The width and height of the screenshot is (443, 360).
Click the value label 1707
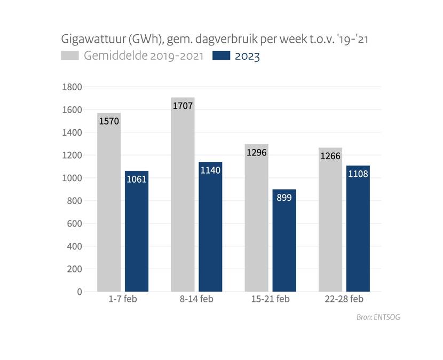pyautogui.click(x=183, y=106)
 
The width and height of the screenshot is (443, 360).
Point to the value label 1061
pyautogui.click(x=137, y=179)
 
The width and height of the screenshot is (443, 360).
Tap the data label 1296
pyautogui.click(x=256, y=152)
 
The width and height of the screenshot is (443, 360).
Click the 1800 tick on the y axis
pyautogui.click(x=72, y=87)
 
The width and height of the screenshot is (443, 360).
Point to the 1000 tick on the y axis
pyautogui.click(x=72, y=178)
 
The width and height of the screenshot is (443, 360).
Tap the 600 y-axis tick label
pyautogui.click(x=74, y=224)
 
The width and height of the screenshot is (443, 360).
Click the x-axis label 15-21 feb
pyautogui.click(x=271, y=299)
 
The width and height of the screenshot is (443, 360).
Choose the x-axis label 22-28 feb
pyautogui.click(x=345, y=299)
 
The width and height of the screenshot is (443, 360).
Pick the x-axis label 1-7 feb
pyautogui.click(x=123, y=299)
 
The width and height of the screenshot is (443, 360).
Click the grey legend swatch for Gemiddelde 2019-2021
pyautogui.click(x=71, y=55)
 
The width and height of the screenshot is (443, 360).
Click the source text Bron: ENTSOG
pyautogui.click(x=378, y=317)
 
